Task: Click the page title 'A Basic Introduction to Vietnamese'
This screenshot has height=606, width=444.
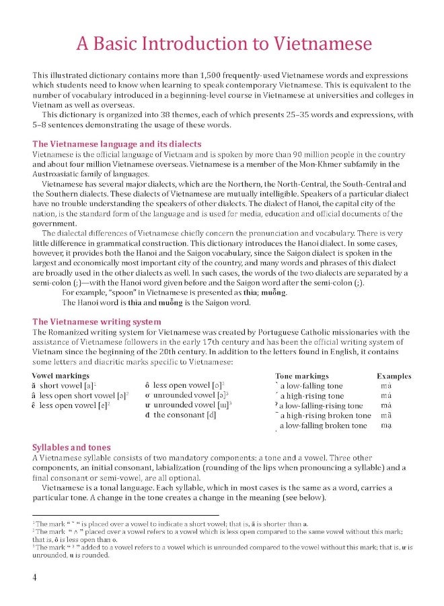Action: point(224,44)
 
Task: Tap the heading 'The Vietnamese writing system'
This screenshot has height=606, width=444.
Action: point(97,322)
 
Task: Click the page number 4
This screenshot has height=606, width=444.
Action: point(34,578)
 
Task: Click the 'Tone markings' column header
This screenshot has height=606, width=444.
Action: point(302,376)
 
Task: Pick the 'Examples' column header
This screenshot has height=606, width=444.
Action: point(390,376)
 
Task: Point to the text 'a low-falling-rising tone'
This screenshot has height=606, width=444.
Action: point(322,406)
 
